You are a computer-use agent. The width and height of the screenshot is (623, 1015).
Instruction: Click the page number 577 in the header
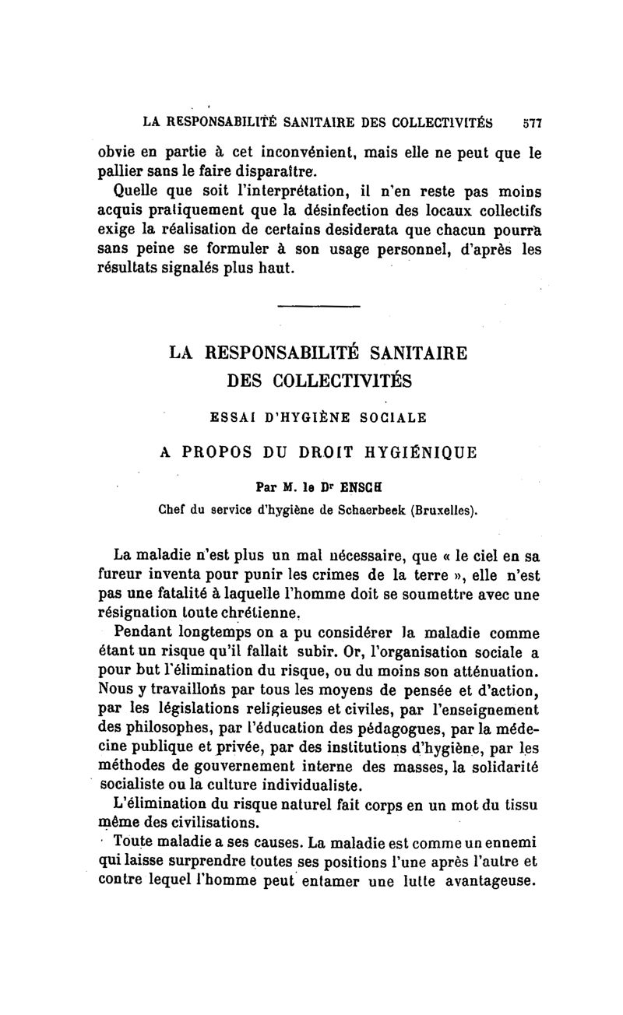point(532,122)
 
